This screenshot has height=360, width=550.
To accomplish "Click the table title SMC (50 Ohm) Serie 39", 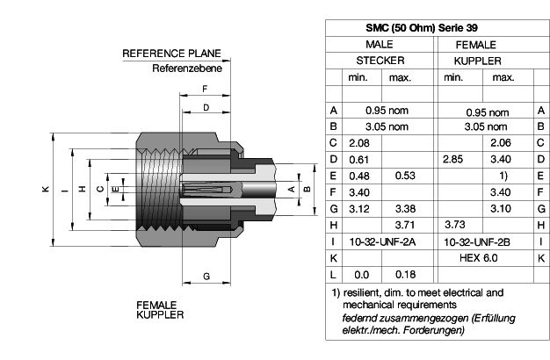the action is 422,28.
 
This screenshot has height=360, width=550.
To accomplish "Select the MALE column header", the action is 380,45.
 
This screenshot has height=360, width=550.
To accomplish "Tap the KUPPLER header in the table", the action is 477,61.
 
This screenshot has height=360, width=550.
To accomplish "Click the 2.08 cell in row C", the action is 359,143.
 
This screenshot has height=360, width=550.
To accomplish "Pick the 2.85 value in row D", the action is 452,160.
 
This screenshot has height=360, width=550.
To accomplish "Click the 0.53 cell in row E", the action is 405,176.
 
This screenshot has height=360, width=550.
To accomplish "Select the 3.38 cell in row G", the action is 406,209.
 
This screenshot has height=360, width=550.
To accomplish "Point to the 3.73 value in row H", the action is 455,225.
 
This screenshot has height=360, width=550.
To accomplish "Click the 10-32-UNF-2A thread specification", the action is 382,241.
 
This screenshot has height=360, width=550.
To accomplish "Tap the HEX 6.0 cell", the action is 479,258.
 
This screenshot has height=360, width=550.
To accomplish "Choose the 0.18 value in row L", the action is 406,275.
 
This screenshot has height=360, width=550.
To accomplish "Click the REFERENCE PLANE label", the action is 171,54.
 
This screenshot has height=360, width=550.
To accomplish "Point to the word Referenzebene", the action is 187,68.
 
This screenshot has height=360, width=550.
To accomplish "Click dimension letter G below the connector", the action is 206,277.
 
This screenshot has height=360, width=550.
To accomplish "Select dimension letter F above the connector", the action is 206,89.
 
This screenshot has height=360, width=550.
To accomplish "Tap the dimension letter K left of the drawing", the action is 46,189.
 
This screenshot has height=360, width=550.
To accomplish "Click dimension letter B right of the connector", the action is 307,189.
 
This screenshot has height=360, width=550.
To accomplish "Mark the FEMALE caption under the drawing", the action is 156,305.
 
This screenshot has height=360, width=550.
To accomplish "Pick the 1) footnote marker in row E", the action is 503,176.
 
